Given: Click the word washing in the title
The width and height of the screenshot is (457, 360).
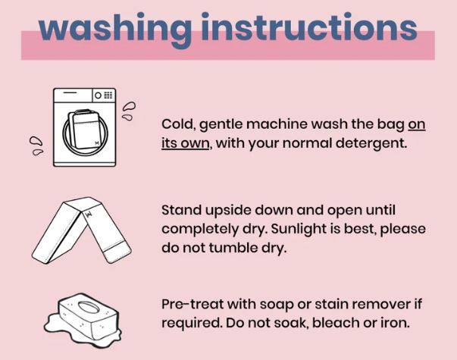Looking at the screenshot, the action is (115, 29).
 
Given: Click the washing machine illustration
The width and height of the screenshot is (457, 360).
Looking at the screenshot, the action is (85, 127).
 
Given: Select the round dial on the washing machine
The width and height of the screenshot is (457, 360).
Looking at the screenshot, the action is (98, 95).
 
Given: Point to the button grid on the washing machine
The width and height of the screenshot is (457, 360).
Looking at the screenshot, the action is (108, 95).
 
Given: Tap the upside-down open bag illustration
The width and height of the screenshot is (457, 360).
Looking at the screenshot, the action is (81, 230).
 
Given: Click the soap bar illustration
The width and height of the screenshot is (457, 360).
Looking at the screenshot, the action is (83, 320).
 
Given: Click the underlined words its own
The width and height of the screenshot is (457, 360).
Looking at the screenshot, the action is (186, 143).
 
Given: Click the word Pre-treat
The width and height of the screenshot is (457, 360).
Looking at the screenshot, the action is (193, 305).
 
